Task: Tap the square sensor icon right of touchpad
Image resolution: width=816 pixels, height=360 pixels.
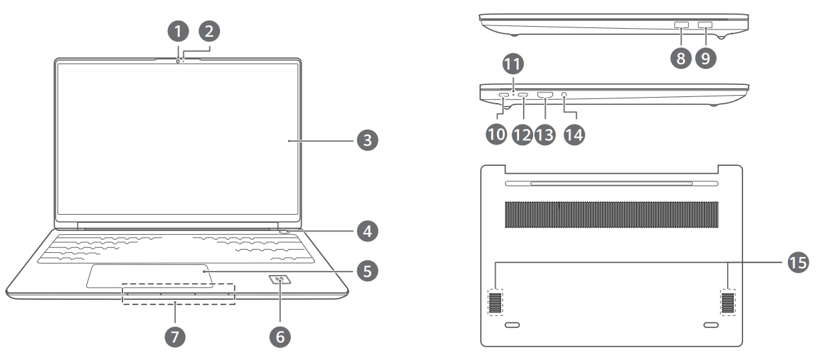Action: tap(280, 281)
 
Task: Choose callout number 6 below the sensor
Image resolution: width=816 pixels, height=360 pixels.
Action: tap(280, 335)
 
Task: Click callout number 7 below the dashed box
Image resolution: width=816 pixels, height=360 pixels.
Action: tap(176, 335)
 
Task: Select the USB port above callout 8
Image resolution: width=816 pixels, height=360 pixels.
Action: tap(681, 25)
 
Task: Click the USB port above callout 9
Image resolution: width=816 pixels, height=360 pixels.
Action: tap(705, 25)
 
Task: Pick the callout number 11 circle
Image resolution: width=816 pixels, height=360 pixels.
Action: tap(512, 65)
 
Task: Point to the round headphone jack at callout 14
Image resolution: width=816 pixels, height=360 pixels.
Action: tap(567, 96)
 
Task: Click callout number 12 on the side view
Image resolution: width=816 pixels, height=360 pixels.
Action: tap(522, 134)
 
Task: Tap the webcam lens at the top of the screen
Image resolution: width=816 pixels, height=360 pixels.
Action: tap(179, 60)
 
